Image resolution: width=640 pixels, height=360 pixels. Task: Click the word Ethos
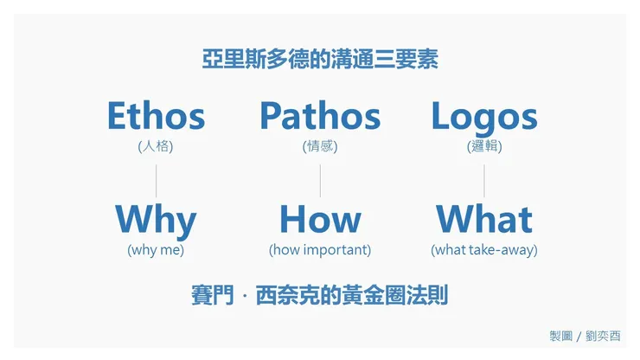point(156,117)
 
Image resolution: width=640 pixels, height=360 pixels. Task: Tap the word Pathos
point(320,117)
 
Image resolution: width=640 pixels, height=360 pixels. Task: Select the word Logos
point(484,117)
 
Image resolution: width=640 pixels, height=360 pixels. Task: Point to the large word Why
point(156,221)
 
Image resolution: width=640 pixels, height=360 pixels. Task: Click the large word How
point(320,220)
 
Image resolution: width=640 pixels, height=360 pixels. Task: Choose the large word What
point(484,220)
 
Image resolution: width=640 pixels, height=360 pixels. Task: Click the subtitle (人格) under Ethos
point(156,146)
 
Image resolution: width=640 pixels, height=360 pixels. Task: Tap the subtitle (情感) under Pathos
point(320,146)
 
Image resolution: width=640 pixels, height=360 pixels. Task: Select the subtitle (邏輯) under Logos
point(484,146)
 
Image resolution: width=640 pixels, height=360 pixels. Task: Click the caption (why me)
point(156,250)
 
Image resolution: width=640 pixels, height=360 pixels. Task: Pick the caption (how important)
point(320,250)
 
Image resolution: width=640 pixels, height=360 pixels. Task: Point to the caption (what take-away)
point(484,250)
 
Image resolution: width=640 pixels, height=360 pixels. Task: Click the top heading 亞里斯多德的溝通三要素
point(320,61)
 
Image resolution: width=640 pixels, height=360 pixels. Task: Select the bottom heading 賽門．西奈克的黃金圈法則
point(320,294)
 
